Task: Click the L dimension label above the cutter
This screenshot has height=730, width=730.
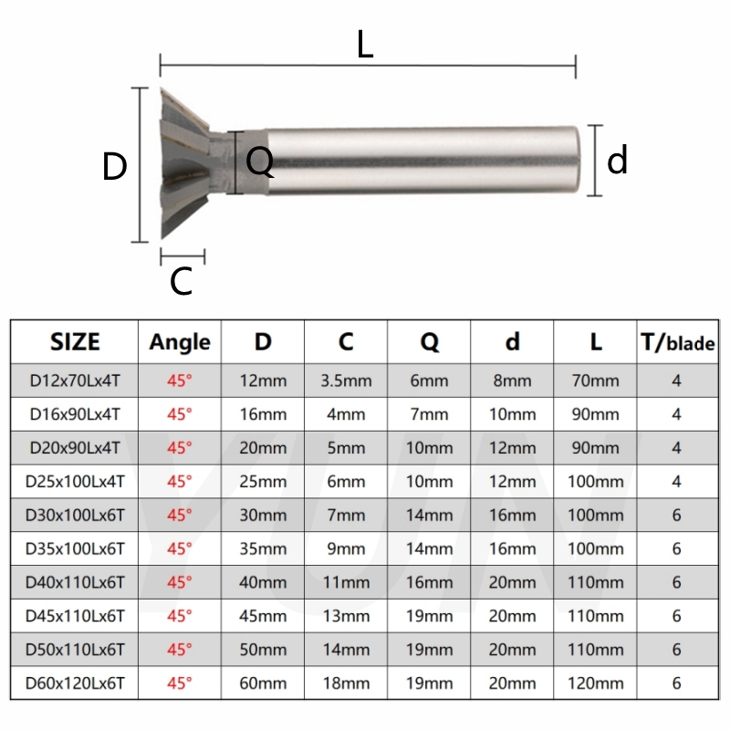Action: point(365,44)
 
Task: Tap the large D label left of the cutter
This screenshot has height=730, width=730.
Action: point(114,167)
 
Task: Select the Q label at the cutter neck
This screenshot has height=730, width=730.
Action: point(259,162)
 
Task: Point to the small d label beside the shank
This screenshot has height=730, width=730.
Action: point(618,161)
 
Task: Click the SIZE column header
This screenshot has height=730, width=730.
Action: point(75,342)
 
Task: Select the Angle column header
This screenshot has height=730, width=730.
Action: point(180,342)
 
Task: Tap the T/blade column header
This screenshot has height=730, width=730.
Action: point(676,342)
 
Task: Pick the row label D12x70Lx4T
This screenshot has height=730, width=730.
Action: point(75,381)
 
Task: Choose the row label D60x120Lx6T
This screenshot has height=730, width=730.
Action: point(75,683)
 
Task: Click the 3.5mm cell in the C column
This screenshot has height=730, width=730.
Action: point(346,381)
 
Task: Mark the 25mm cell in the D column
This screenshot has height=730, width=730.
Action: point(263,482)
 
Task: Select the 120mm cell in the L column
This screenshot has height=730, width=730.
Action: point(595,683)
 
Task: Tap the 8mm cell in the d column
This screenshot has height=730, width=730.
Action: point(512,381)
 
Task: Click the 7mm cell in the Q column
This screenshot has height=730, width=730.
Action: point(429,414)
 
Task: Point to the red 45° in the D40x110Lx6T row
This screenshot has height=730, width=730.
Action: point(180,582)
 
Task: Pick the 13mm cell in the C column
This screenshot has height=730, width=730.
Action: point(346,616)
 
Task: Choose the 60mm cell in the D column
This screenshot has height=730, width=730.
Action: point(263,683)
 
